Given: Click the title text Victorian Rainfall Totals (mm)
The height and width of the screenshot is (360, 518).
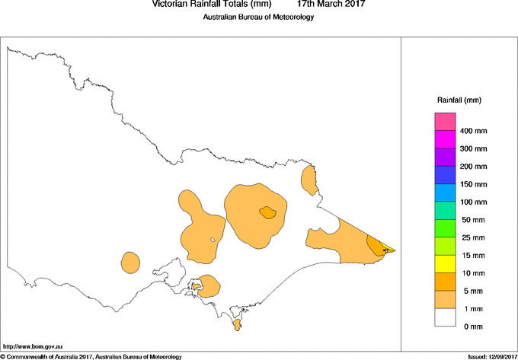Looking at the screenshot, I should click(212, 5).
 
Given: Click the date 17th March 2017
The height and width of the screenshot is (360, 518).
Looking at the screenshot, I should click(331, 5).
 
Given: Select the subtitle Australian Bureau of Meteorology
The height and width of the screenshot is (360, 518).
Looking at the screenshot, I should click(258, 18).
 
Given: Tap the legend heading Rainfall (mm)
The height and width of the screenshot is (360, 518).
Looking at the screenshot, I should click(459, 100).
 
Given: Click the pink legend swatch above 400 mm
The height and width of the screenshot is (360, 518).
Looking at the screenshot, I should click(445, 122).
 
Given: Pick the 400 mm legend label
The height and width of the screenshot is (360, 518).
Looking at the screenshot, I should click(473, 131).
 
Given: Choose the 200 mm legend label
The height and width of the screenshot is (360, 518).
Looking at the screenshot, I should click(473, 167).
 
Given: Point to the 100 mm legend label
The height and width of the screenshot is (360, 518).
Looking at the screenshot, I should click(473, 202).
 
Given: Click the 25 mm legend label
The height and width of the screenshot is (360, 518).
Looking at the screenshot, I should click(472, 237).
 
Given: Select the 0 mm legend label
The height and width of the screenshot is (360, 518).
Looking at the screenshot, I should click(472, 327).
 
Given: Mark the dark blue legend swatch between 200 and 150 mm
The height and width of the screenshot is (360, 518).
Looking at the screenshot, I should click(445, 175).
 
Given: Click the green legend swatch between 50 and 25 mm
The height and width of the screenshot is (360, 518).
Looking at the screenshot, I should click(445, 228).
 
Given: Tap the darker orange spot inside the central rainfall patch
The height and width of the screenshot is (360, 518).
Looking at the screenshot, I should click(267, 212).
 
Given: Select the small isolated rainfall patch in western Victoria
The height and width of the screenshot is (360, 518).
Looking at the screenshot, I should click(130, 263).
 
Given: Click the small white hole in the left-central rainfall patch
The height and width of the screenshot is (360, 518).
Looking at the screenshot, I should click(213, 241).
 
